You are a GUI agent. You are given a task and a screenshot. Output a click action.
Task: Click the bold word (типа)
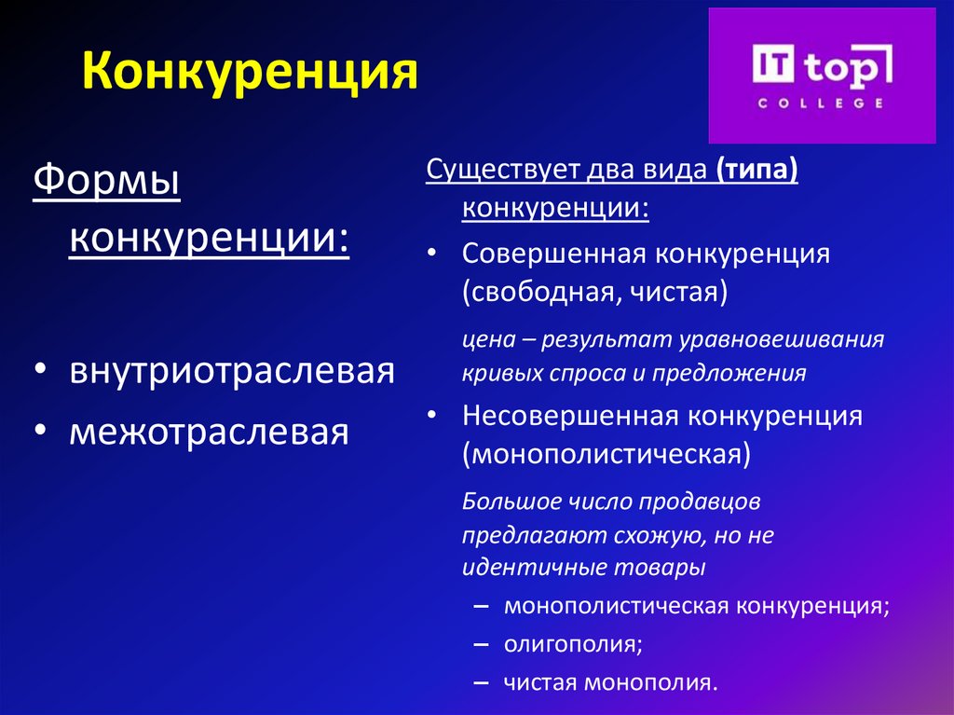pyautogui.click(x=756, y=172)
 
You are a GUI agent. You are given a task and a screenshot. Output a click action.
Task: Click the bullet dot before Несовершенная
pyautogui.click(x=431, y=416)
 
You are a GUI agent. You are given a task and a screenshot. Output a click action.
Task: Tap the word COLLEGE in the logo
pyautogui.click(x=821, y=103)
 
